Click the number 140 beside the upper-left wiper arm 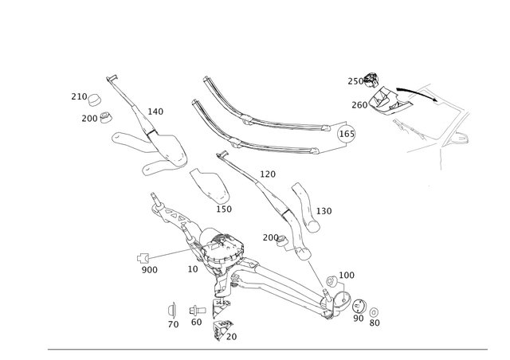click(156, 111)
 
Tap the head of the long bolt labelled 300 click(143, 256)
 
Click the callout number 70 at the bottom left click(175, 324)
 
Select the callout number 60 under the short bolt click(194, 321)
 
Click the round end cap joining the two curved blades click(346, 132)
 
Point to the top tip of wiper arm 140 click(111, 76)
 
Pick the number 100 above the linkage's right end click(348, 275)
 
